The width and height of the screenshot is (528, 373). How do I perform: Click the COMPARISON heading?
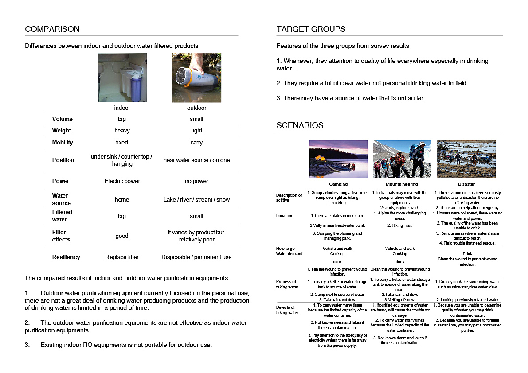coord(52,30)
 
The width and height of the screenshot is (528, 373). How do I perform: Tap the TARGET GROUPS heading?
coord(311,30)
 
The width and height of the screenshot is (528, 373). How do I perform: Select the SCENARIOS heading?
coord(300,125)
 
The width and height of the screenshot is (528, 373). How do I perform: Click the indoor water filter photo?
coord(122,78)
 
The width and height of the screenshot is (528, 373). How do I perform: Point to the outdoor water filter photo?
coord(196,78)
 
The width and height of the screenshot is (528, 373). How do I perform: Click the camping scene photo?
coord(338,159)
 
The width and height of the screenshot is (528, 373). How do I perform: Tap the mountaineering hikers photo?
coord(402,159)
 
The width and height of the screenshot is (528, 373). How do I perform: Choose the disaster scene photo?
coord(466,159)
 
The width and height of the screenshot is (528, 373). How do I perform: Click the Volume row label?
coord(62,119)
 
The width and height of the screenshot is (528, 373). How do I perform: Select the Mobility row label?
coord(63,142)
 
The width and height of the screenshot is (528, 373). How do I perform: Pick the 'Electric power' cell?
coord(122,181)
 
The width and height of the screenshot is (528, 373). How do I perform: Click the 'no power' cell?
coord(196,181)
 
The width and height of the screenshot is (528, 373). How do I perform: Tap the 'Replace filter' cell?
coord(122,257)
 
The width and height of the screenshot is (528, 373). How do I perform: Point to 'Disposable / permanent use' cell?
coord(196,257)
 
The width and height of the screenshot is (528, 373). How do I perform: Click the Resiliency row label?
coord(66,257)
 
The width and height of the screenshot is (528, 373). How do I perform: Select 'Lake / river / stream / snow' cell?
coord(196,200)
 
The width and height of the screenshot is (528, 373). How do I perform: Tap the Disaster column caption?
coord(466,184)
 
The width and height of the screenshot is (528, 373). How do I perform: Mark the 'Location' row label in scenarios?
coord(284,216)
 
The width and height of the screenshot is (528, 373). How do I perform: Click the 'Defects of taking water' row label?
coord(287,310)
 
